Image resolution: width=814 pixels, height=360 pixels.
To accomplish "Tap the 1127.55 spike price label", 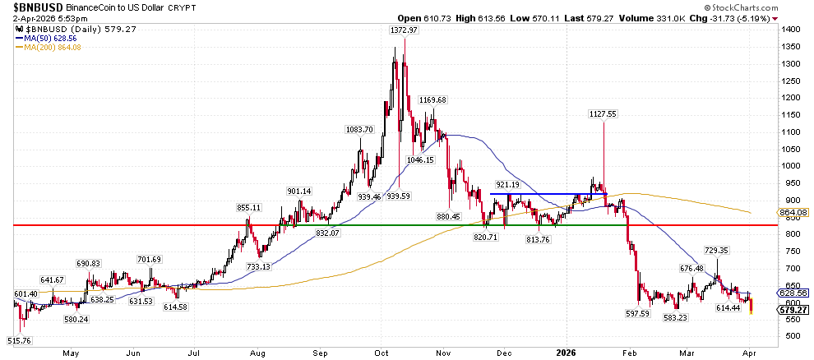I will point(603,114).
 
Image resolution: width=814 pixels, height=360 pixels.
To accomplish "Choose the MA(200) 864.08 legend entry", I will point(49,47).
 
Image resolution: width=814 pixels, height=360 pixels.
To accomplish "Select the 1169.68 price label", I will point(432,100).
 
